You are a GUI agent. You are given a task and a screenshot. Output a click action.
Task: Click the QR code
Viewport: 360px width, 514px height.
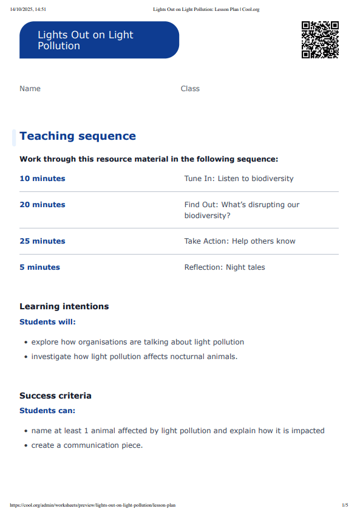tap(320, 39)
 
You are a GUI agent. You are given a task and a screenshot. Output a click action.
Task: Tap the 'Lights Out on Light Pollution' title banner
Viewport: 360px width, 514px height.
tap(99, 40)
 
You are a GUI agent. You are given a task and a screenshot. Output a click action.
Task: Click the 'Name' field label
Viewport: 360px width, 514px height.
tap(30, 89)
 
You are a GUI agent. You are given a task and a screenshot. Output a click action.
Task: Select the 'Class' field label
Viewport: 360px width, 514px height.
tap(190, 89)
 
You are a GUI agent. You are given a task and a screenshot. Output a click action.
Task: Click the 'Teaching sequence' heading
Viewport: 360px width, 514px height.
tap(78, 136)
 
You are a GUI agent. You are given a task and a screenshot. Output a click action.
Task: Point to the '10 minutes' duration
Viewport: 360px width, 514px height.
tap(42, 179)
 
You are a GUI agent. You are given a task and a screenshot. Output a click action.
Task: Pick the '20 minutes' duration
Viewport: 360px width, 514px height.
tap(42, 205)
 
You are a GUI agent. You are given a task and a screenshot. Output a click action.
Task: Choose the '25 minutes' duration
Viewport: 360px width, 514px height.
tap(42, 241)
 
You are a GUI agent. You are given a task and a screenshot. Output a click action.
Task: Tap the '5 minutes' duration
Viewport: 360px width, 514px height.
tap(39, 267)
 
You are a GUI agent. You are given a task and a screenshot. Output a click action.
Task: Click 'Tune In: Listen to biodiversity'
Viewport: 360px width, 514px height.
tap(239, 179)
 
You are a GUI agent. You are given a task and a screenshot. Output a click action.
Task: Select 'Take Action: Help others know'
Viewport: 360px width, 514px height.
tap(240, 241)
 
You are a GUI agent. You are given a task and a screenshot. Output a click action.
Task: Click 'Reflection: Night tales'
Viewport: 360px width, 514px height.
tap(225, 267)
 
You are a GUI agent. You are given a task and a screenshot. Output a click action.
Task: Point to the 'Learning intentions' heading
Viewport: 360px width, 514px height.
tap(64, 307)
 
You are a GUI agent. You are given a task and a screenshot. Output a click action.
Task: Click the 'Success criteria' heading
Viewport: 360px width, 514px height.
tap(55, 396)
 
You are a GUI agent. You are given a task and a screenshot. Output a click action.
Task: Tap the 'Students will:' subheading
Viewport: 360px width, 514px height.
tap(48, 322)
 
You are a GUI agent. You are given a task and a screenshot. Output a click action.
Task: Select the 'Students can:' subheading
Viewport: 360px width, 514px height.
tap(47, 411)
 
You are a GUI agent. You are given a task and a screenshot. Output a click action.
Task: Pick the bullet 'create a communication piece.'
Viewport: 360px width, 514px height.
tap(87, 445)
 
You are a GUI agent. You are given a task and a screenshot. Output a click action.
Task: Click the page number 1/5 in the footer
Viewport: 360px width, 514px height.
tap(345, 505)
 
